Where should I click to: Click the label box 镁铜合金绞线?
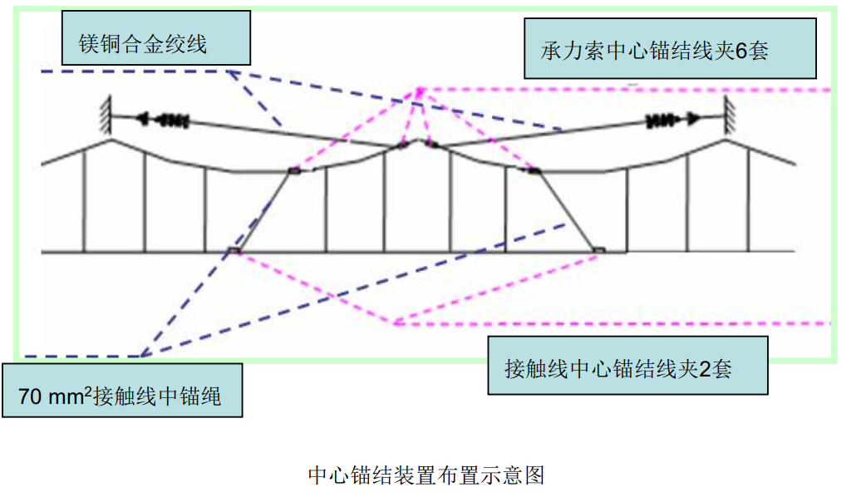click(x=156, y=39)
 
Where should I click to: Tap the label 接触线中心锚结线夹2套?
click(x=627, y=367)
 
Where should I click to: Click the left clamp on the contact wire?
click(x=235, y=249)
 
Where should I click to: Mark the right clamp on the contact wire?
click(x=598, y=249)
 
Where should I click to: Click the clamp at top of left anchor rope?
click(x=293, y=171)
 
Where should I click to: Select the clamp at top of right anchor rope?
click(x=534, y=171)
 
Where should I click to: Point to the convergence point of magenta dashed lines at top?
click(x=420, y=89)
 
